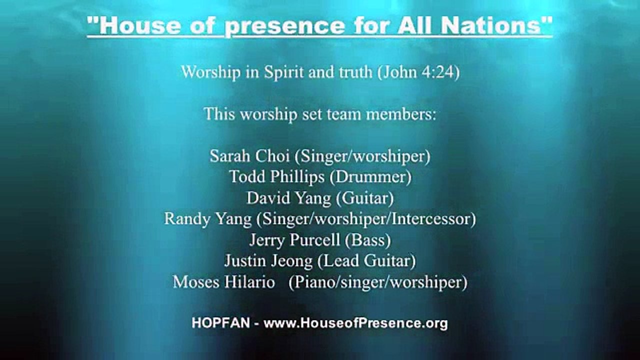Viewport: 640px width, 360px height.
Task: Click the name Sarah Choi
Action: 249,156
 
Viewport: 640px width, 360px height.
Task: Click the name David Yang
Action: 288,198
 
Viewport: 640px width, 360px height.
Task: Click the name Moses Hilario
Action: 223,282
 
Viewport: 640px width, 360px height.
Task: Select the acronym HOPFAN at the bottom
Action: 219,323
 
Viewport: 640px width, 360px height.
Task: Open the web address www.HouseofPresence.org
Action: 355,323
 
